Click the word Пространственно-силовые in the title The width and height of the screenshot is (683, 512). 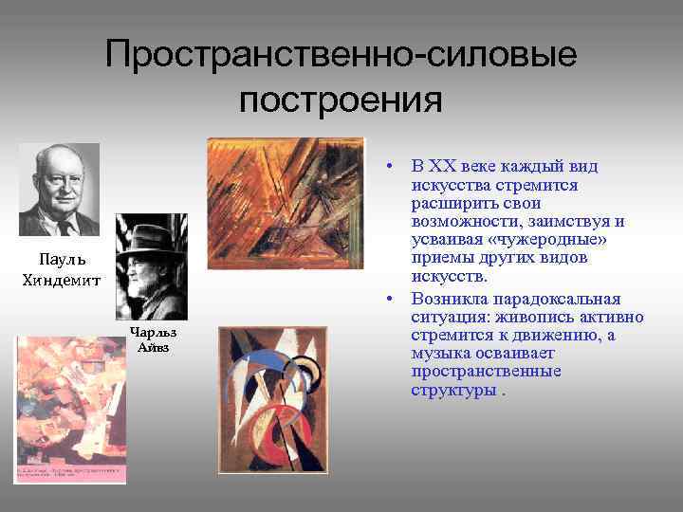coord(341,54)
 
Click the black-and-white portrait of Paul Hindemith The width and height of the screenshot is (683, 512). coord(59,189)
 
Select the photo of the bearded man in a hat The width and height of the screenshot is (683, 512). coord(151,266)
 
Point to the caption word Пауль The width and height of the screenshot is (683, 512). coord(63,260)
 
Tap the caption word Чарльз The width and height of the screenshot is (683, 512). coord(153,333)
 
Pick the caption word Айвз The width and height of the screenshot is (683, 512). coord(153,347)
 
